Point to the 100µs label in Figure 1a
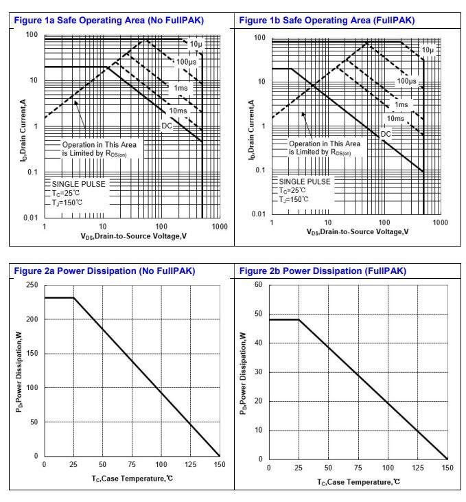click(185, 62)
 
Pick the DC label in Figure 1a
click(167, 125)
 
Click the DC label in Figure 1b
click(386, 133)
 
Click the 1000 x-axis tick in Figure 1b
click(440, 223)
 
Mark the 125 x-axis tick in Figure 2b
click(418, 468)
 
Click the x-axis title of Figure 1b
click(357, 231)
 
